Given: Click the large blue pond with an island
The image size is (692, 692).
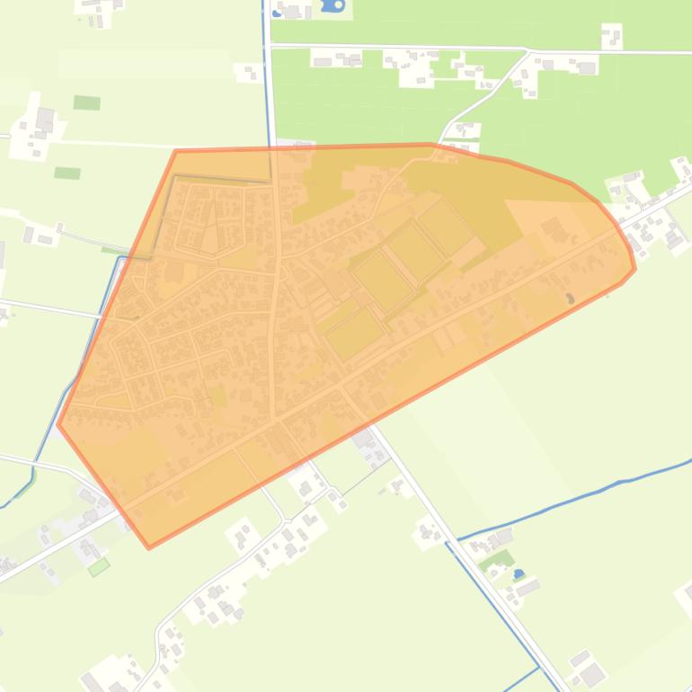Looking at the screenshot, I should click(333, 5).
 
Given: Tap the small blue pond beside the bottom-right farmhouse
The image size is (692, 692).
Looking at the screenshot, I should click(519, 573).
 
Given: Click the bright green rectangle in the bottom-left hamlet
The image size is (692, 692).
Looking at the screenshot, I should click(99, 566).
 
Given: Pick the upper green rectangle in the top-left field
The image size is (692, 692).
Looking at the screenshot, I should click(86, 102).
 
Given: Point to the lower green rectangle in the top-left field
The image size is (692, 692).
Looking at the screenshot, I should click(67, 173).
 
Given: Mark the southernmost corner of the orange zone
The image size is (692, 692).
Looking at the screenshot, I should click(149, 546).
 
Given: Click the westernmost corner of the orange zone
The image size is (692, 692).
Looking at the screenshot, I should click(58, 423).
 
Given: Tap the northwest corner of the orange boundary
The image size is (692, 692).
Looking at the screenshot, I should click(176, 151).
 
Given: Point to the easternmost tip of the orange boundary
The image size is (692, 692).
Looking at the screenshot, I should click(635, 268).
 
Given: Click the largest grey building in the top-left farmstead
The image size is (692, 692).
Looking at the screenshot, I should click(44, 119).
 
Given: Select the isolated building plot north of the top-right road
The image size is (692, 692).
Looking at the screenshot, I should click(611, 36).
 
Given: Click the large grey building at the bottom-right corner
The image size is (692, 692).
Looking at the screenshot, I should click(590, 673).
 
